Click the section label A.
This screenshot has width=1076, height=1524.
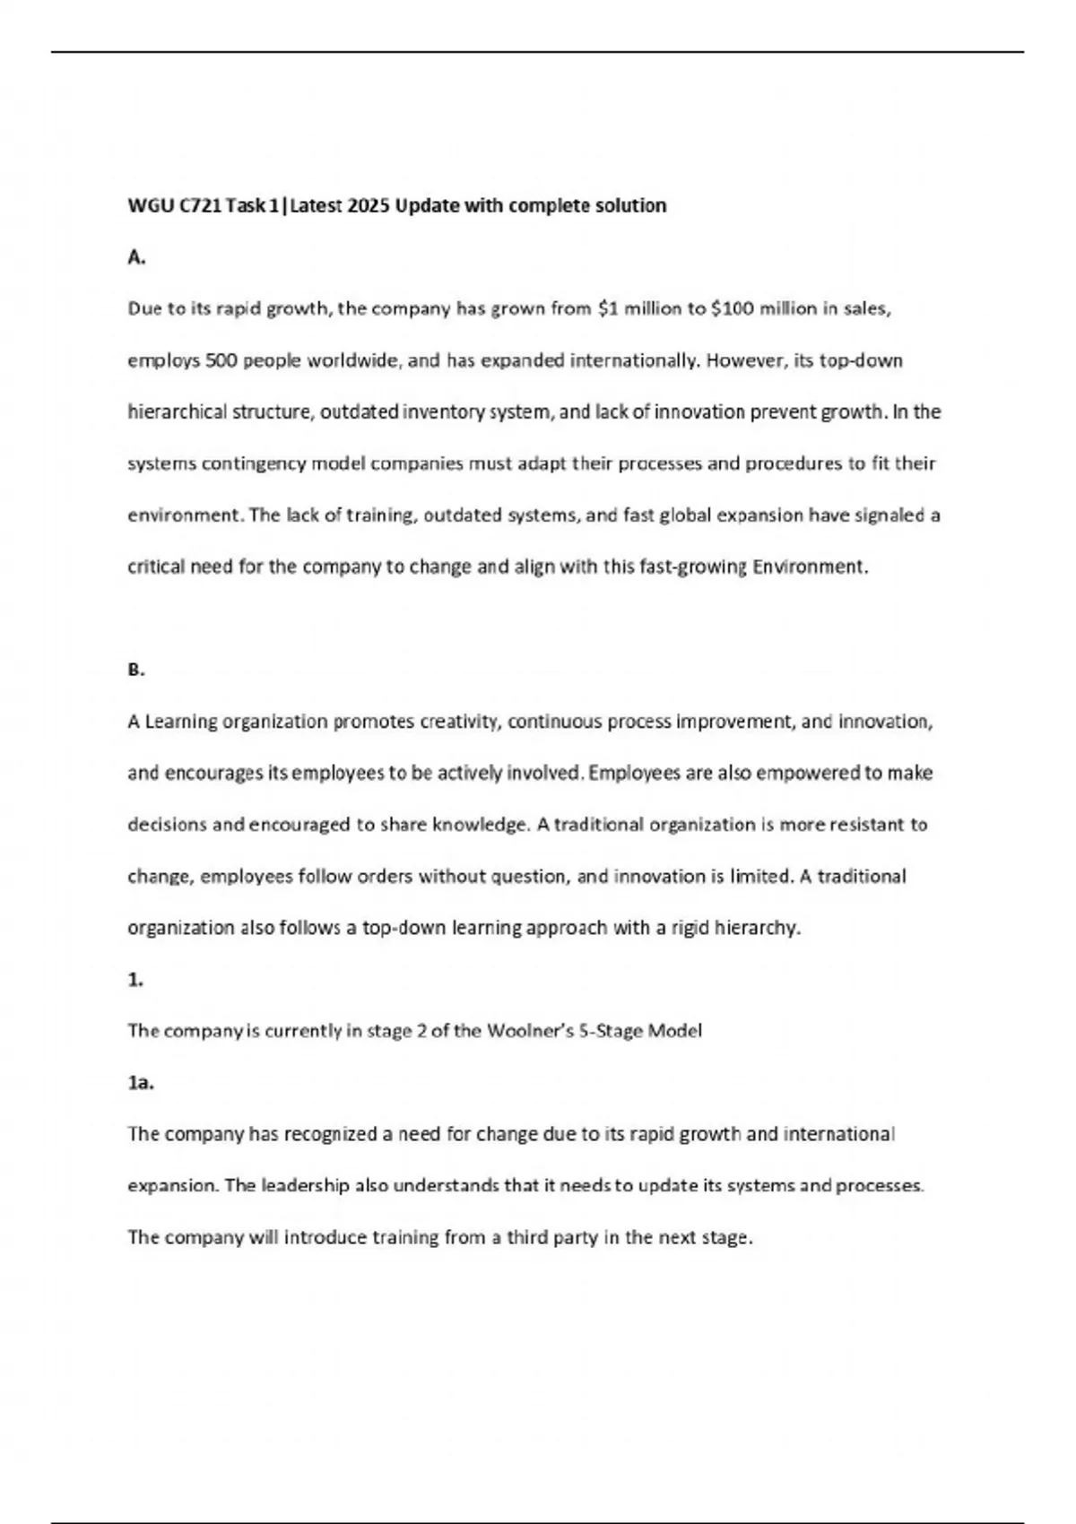pos(136,258)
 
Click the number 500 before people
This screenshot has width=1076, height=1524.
pos(221,361)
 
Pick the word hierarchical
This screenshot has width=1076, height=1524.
pos(178,412)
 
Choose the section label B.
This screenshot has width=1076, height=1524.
pos(136,670)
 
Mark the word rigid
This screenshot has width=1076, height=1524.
pos(690,928)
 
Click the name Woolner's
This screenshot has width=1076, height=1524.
pos(525,1031)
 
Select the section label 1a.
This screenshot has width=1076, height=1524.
pos(141,1083)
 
